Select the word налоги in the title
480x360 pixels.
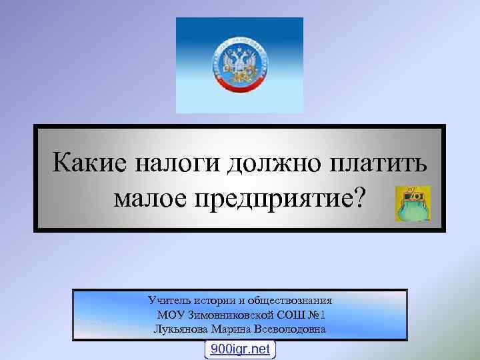175,163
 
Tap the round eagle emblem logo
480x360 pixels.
239,65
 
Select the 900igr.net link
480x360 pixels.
239,349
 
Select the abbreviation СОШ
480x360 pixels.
287,315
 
